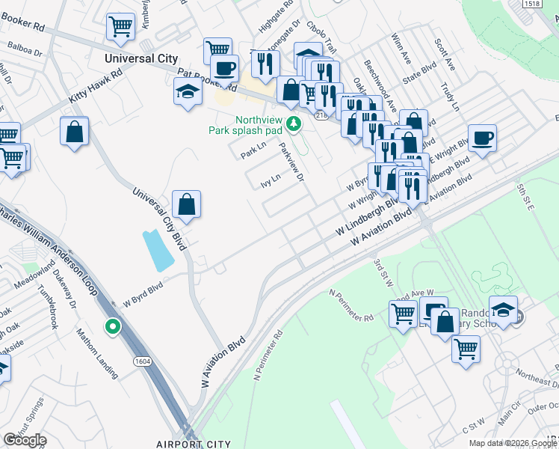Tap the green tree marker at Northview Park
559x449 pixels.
295,123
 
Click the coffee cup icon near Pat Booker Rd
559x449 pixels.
224,68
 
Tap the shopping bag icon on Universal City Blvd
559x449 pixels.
186,204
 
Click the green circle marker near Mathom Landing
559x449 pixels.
113,326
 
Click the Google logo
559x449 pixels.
25,440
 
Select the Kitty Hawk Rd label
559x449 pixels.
95,88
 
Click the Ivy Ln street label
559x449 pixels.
270,180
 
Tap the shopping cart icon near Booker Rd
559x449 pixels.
120,27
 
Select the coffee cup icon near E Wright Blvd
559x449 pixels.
483,138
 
